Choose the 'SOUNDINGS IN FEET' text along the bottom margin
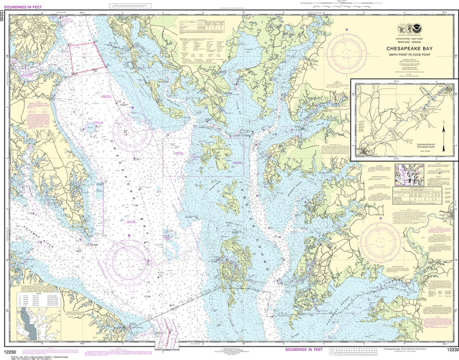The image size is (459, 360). click(304, 349)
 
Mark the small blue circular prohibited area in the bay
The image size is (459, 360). click(91, 128)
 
